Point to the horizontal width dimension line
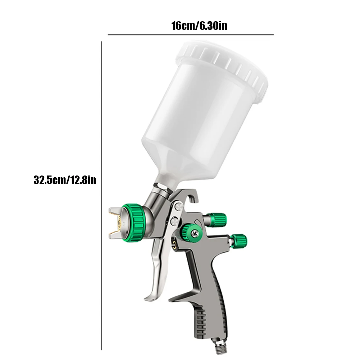[x=191, y=35]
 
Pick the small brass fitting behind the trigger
[x=175, y=245]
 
